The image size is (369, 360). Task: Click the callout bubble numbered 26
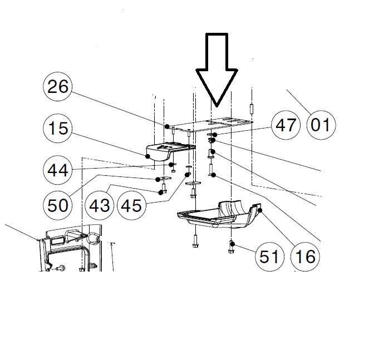coord(58,88)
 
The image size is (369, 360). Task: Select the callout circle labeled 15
coord(58,129)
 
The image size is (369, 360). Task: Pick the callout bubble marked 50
coord(58,205)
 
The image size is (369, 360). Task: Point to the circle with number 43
coord(100,205)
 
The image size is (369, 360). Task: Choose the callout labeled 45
coord(131,205)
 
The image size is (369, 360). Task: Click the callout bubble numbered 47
coord(286,125)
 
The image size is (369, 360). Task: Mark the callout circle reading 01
coord(319,125)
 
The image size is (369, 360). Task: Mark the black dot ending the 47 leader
coord(213,135)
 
